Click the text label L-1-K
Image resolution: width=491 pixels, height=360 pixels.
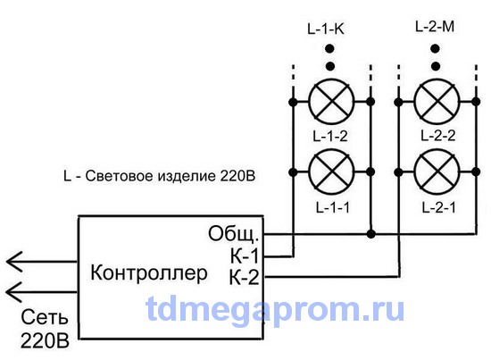(326, 29)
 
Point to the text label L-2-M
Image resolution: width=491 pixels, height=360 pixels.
(435, 27)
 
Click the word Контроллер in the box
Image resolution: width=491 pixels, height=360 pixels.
(149, 272)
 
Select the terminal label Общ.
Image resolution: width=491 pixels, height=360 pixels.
(234, 233)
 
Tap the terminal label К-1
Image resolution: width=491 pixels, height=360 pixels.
(245, 256)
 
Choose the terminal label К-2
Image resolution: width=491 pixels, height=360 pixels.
(245, 277)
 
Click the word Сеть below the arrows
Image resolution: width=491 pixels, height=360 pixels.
(44, 317)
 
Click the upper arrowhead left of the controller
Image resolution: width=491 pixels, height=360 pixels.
(14, 262)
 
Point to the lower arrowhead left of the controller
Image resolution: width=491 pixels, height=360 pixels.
(14, 292)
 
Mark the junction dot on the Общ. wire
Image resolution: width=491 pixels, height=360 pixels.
(370, 234)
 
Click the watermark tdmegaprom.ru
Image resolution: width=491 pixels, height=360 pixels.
(276, 309)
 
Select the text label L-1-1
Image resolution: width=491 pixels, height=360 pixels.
(333, 207)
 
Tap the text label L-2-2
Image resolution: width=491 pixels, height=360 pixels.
(438, 136)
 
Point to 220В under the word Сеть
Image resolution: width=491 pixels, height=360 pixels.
(45, 340)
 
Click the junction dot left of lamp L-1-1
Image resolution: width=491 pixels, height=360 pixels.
(293, 172)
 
